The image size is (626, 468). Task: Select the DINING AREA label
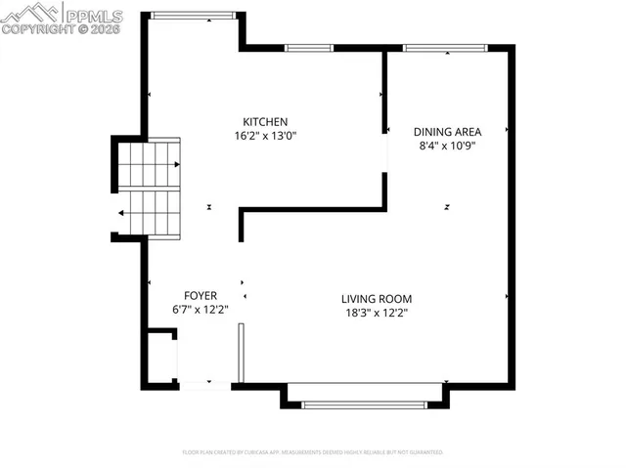click(447, 131)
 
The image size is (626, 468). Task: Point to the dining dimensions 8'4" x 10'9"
click(447, 145)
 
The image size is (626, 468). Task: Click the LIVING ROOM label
click(377, 299)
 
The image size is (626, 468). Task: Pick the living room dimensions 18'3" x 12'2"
click(377, 313)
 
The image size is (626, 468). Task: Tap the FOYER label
click(201, 295)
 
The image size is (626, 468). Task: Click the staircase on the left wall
click(150, 188)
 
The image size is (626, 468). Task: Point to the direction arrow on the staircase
click(122, 212)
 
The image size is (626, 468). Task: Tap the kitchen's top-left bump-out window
click(193, 15)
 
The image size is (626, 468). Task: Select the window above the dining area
click(447, 47)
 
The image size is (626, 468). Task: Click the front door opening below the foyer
click(204, 386)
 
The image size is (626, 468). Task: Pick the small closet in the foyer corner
click(160, 357)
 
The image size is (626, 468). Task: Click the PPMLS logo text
click(93, 14)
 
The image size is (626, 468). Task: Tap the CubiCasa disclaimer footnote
click(313, 452)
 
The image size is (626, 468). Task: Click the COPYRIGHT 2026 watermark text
click(61, 29)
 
